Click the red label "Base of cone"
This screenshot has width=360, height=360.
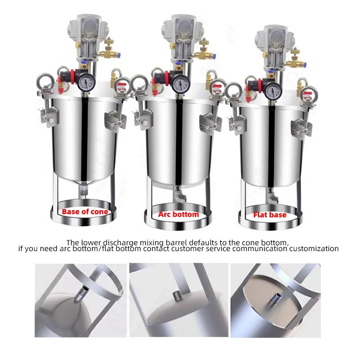pos(85,211)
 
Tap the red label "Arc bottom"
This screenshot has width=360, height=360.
pos(178,215)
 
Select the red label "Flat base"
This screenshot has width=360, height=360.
pos(270,215)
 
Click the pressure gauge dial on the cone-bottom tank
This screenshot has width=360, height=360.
pos(86,82)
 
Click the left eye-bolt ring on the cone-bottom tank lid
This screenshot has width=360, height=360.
pos(45,81)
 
